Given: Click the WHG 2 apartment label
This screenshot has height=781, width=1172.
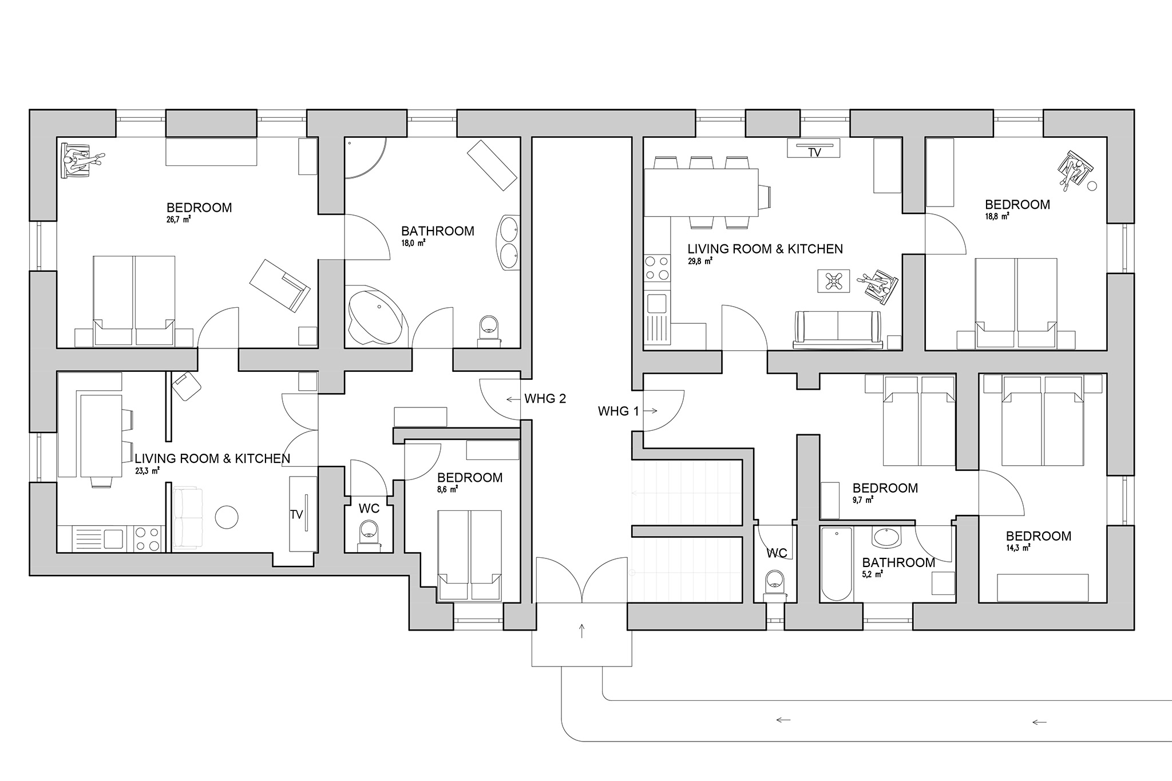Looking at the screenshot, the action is point(545,399).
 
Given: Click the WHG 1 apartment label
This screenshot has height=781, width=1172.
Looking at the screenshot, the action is point(618,411).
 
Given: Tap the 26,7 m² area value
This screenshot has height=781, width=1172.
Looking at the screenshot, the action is point(179,219).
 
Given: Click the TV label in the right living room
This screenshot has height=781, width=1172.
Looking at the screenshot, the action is point(814,153).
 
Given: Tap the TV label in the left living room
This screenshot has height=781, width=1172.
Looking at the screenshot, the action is point(296,515).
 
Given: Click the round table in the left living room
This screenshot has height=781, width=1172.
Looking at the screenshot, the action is point(227,517).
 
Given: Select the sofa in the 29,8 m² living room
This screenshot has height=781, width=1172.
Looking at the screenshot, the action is point(837,330).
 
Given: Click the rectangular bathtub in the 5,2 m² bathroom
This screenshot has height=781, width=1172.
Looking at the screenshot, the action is point(836,564).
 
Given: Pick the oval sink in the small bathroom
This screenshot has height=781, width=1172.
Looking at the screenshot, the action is point(886,537).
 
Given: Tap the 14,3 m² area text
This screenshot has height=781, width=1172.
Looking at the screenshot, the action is point(1019,548).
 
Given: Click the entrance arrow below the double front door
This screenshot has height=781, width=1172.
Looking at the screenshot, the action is point(582,631).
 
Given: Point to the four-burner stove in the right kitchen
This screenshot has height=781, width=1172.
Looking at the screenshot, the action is point(657,268).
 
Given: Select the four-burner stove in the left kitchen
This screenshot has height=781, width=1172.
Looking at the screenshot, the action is point(148,538).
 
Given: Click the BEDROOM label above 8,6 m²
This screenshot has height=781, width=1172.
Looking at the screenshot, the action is point(470,478).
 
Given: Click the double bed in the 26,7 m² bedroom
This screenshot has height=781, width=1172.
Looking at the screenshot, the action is point(134,302).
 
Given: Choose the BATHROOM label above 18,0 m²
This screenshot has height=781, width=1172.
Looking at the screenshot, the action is point(438,231).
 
